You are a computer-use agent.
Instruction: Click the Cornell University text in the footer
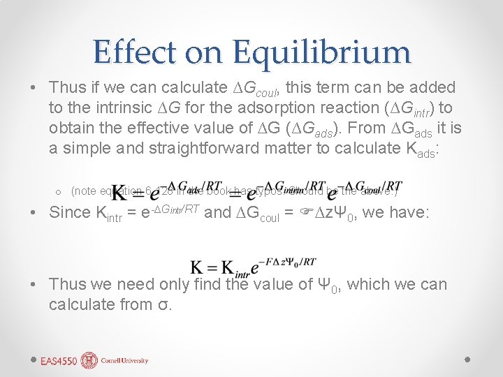pos(125,361)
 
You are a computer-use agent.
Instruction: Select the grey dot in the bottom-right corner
pos(468,360)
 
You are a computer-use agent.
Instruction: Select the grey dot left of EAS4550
pos(34,360)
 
